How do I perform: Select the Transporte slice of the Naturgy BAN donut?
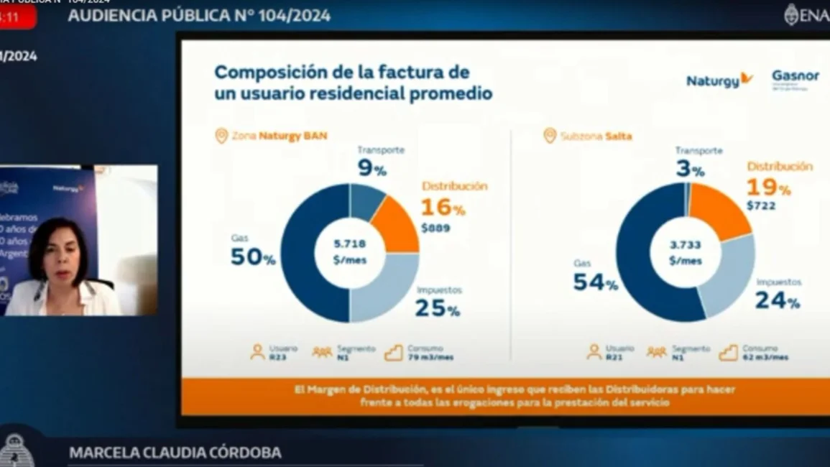click(x=366, y=201)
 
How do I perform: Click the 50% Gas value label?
click(x=252, y=257)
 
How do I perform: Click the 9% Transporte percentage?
click(x=372, y=170)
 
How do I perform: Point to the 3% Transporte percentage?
click(x=688, y=170)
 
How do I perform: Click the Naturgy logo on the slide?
click(x=719, y=80)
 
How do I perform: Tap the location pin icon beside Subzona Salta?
click(x=550, y=135)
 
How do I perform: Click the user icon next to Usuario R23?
click(x=257, y=352)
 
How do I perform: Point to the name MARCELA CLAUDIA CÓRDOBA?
click(x=175, y=453)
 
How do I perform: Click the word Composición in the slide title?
click(x=263, y=73)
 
